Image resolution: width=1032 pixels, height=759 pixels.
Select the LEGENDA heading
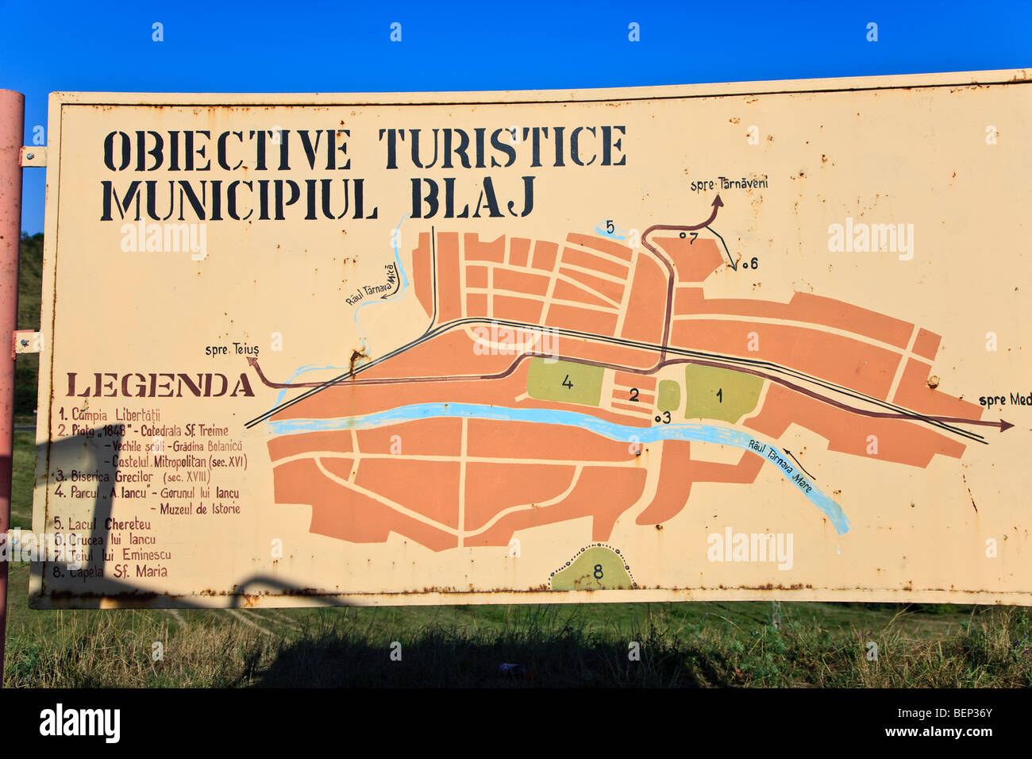tap(160, 385)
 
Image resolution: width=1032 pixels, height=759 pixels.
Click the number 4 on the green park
tap(567, 382)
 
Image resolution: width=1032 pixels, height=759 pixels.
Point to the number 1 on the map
tap(719, 395)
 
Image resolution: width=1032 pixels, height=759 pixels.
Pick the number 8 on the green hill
tap(597, 572)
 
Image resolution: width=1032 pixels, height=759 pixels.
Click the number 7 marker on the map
tap(692, 237)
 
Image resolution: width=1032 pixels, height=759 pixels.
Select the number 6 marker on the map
tap(753, 264)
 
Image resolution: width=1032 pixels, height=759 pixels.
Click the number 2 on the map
tap(633, 394)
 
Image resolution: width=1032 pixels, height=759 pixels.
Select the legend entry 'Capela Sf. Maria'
tap(111, 571)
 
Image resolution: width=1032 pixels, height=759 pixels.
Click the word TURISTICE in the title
tap(502, 147)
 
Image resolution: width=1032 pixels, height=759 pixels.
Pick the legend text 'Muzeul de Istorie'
tap(200, 509)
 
